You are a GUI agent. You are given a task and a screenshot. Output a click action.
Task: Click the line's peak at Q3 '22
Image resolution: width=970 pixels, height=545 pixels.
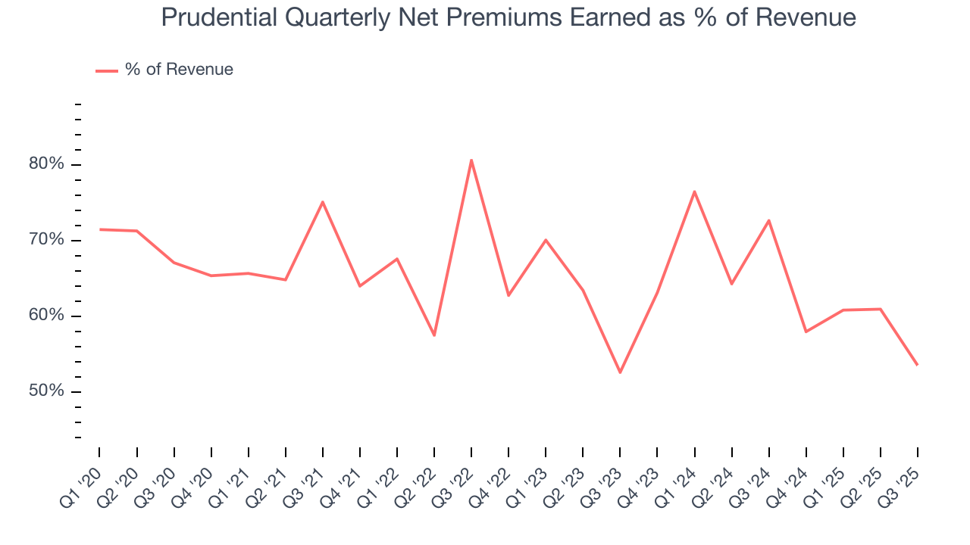(x=471, y=160)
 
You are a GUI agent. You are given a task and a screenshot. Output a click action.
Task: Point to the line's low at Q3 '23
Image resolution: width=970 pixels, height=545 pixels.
(x=620, y=372)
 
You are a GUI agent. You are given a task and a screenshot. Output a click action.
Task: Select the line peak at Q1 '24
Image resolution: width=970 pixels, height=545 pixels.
(x=694, y=192)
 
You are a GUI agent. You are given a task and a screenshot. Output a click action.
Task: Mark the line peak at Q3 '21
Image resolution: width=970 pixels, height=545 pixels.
(x=323, y=201)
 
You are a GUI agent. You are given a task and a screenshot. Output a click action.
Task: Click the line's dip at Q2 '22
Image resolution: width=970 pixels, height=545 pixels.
(x=434, y=335)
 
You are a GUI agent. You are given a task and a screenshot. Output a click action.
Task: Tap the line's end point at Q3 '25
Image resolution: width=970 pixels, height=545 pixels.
(x=917, y=365)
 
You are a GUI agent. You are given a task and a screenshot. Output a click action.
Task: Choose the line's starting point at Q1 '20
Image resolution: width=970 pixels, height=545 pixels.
(x=100, y=229)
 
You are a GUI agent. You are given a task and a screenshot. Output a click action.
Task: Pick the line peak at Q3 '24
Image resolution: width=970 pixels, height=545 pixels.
(x=768, y=220)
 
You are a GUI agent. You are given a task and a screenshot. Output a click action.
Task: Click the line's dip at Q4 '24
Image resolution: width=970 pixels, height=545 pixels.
(x=806, y=332)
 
